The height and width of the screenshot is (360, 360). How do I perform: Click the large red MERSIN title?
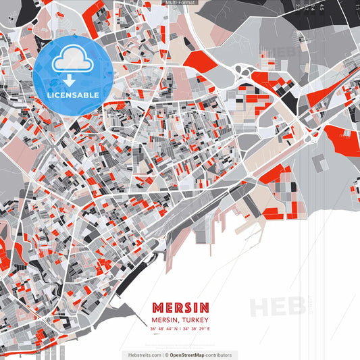pos(180,307)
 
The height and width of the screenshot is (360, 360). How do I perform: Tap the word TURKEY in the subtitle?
pos(195,320)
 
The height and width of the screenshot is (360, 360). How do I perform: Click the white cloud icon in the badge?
pos(73,59)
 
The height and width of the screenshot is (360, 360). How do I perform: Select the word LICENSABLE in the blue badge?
pos(74,95)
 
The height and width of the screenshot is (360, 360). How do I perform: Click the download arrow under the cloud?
pos(73,80)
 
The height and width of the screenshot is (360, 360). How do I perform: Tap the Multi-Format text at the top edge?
pos(180,3)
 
